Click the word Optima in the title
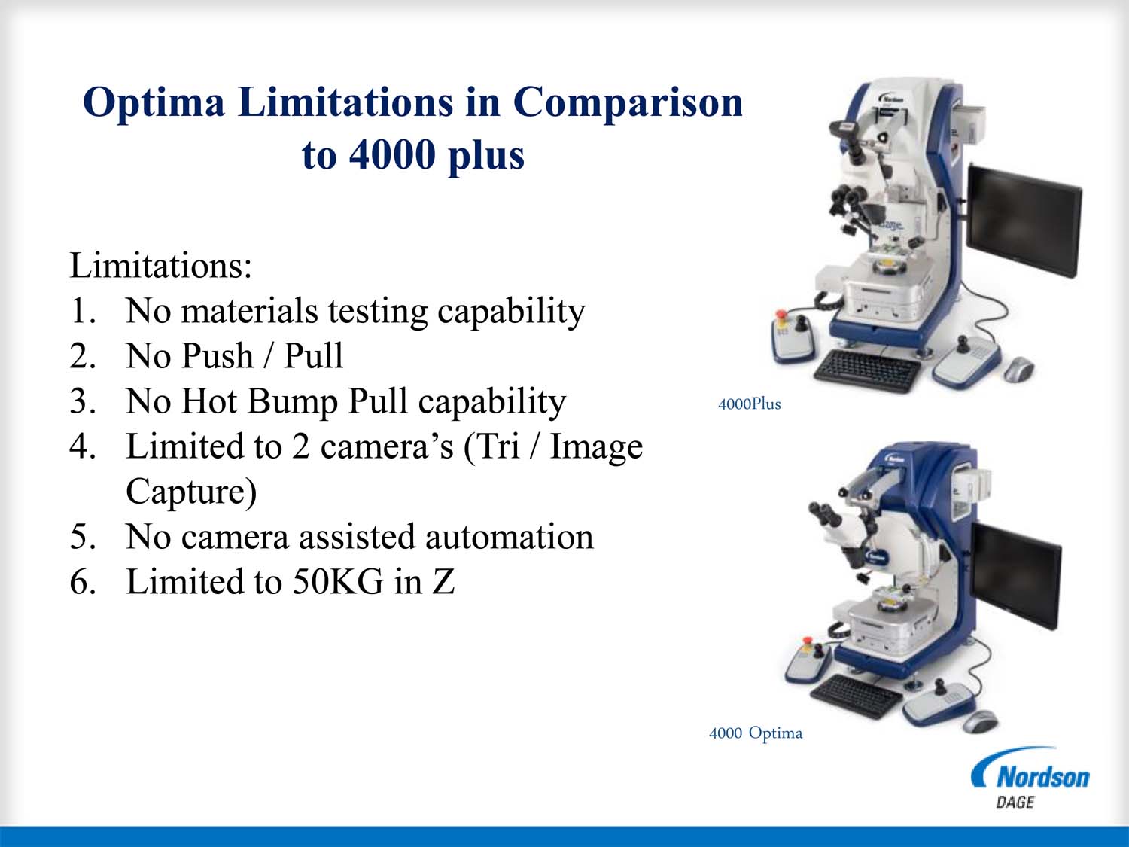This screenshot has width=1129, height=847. click(x=154, y=103)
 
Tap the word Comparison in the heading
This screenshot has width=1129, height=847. click(x=628, y=103)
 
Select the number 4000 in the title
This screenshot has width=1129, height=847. click(x=392, y=154)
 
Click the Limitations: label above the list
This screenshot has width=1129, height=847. click(x=161, y=266)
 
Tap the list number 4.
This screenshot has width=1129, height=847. click(x=82, y=446)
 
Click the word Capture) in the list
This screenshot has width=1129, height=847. click(x=191, y=492)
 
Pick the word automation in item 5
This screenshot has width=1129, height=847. click(x=510, y=537)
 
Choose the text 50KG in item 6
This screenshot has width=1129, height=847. click(x=339, y=582)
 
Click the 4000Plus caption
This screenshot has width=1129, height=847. click(x=750, y=404)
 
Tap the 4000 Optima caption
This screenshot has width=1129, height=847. click(x=756, y=733)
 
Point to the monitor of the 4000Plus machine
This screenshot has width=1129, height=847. click(x=1024, y=221)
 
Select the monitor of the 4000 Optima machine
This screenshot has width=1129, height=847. click(x=1016, y=575)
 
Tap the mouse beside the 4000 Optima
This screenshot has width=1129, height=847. click(x=980, y=721)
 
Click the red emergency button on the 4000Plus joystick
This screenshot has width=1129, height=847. click(x=781, y=313)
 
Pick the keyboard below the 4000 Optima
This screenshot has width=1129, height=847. click(x=856, y=695)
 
